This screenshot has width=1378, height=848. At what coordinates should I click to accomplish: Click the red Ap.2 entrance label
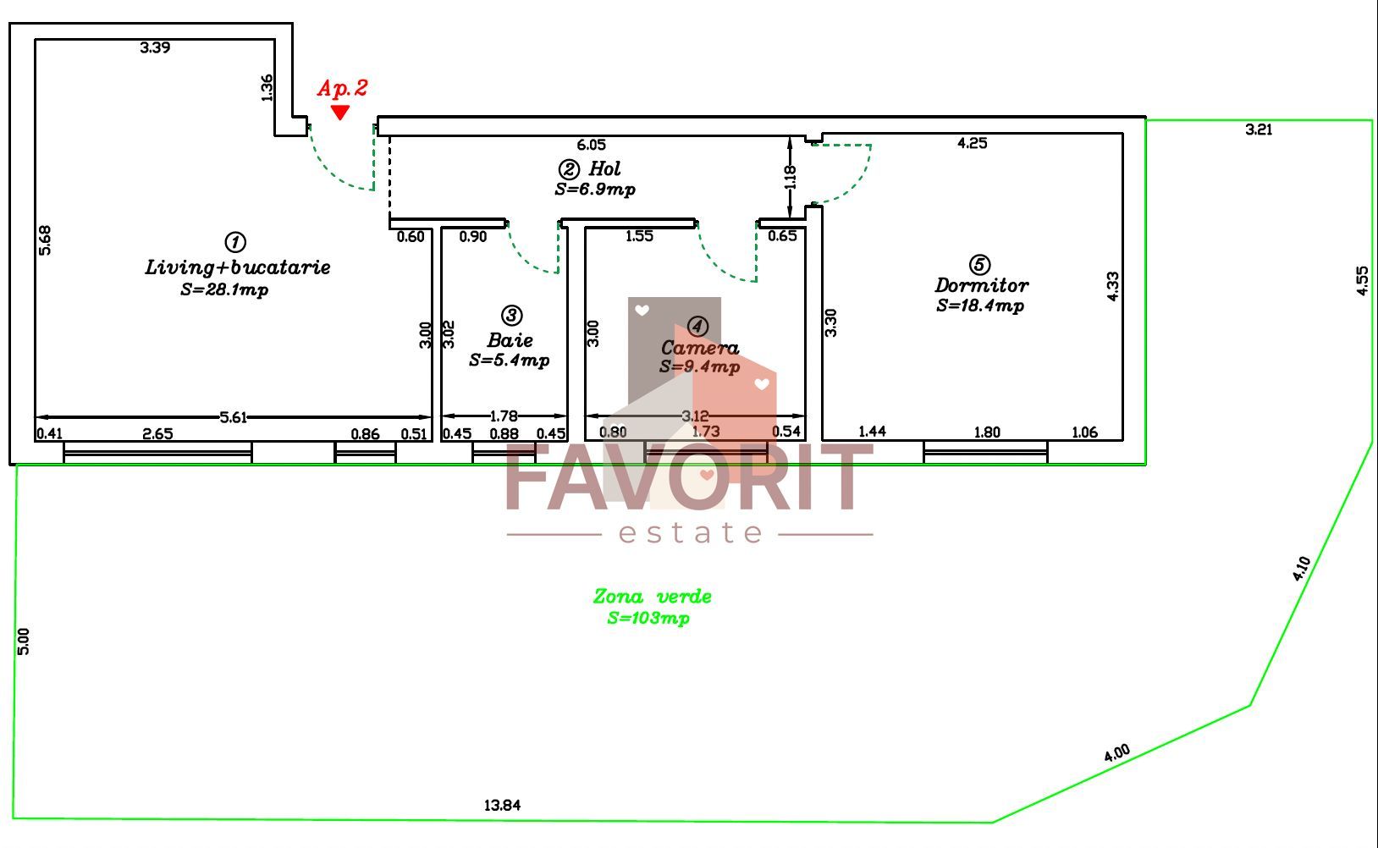[x=343, y=88]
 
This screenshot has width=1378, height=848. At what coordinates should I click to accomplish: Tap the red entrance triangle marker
[x=339, y=112]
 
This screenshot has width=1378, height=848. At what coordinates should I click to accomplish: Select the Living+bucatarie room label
[x=238, y=267]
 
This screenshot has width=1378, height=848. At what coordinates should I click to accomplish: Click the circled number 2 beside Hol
[x=568, y=169]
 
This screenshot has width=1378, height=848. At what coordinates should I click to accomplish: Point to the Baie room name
[x=510, y=340]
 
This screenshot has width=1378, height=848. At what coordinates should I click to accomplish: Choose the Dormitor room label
[x=981, y=285]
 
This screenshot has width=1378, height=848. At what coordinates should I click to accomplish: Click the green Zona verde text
[x=652, y=596]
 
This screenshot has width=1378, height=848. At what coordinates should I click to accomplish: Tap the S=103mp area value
[x=648, y=618]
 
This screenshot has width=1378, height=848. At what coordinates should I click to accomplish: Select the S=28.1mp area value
[x=224, y=289]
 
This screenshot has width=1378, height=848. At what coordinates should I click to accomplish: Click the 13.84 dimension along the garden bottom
[x=502, y=805]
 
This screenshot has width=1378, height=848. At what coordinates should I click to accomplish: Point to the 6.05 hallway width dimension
[x=591, y=145]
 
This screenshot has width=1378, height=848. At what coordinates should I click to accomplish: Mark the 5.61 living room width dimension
[x=233, y=417]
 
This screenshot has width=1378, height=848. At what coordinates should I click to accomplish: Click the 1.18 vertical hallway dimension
[x=791, y=177]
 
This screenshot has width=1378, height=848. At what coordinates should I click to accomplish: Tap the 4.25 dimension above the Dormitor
[x=973, y=143]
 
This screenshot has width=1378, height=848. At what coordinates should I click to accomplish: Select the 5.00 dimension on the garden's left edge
[x=23, y=642]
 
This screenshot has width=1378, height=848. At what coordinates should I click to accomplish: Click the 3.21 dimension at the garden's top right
[x=1259, y=129]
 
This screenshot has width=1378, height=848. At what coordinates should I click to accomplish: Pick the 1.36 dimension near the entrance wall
[x=267, y=88]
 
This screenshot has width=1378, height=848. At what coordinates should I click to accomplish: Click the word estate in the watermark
[x=690, y=532]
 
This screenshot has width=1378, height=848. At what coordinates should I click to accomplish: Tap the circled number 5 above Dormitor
[x=979, y=265]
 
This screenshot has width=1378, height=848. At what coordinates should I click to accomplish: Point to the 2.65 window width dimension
[x=157, y=434]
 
